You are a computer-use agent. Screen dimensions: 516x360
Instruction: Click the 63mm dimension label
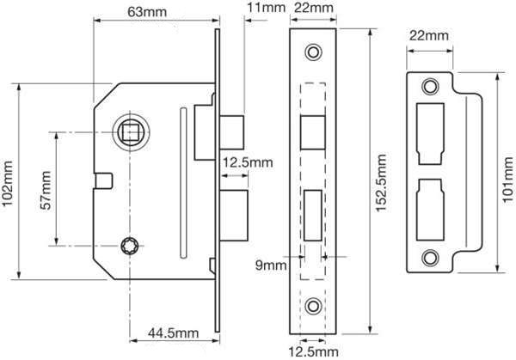pyautogui.click(x=147, y=12)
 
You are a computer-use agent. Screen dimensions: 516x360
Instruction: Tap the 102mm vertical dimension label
pyautogui.click(x=8, y=184)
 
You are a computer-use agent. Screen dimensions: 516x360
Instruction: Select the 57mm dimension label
pyautogui.click(x=46, y=191)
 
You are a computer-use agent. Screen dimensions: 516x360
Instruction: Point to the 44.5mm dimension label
pyautogui.click(x=174, y=333)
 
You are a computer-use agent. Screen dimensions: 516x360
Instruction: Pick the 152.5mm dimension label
pyautogui.click(x=381, y=183)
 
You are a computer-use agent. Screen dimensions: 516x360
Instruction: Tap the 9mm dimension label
pyautogui.click(x=271, y=265)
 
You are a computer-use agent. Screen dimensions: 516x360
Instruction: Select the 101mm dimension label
pyautogui.click(x=509, y=180)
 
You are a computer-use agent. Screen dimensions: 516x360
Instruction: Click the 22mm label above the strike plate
pyautogui.click(x=429, y=35)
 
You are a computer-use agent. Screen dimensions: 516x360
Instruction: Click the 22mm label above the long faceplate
pyautogui.click(x=313, y=7)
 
